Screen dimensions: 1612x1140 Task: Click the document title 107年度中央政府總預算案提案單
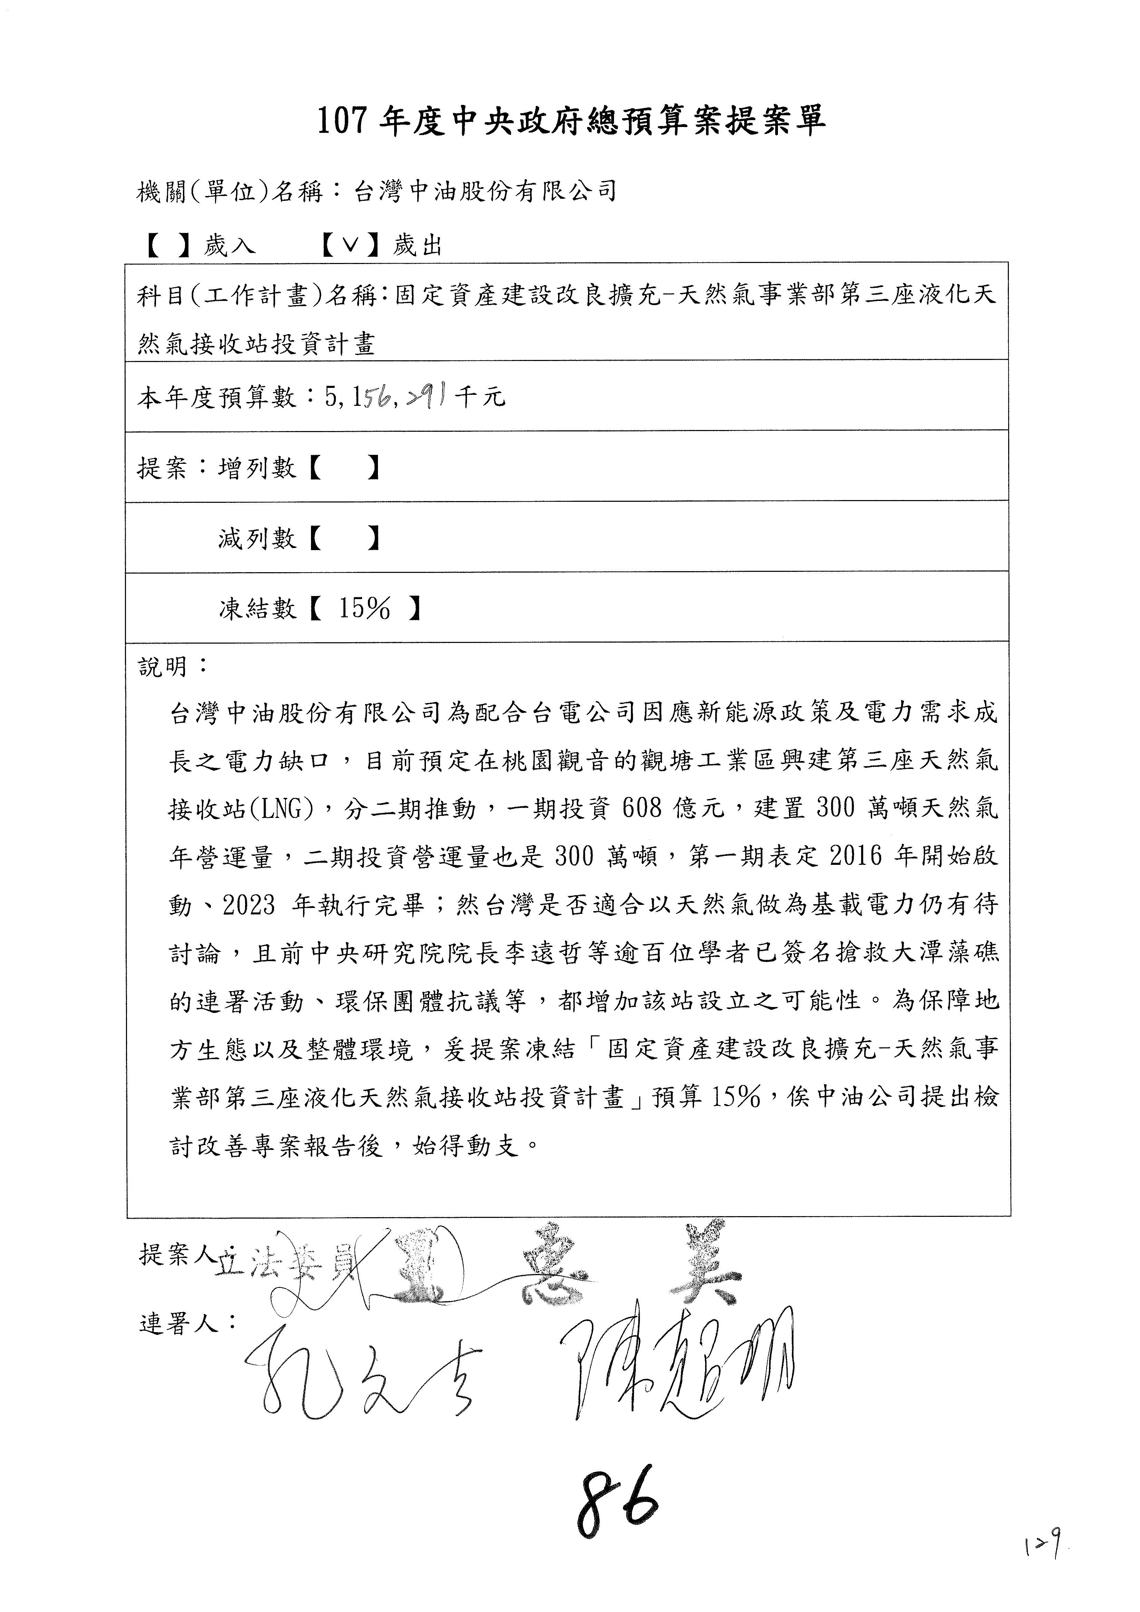click(571, 121)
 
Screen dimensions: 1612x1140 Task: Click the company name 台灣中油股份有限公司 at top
click(484, 191)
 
